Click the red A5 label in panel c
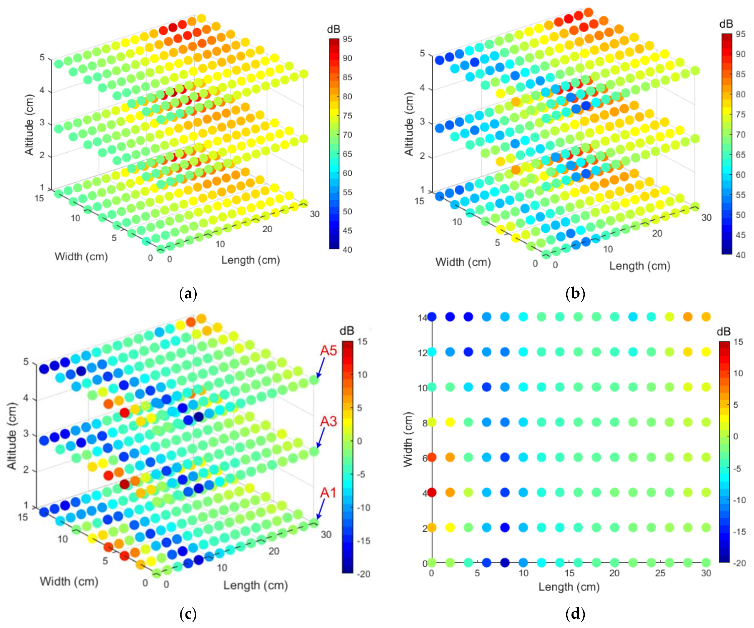(x=328, y=350)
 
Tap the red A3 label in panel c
(x=328, y=421)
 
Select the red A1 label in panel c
(x=328, y=492)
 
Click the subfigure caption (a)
(x=188, y=293)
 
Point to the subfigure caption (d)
(x=575, y=614)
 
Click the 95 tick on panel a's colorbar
(x=347, y=39)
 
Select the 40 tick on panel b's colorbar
(x=740, y=255)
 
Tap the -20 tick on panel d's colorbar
(x=739, y=563)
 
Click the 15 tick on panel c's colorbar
(x=362, y=341)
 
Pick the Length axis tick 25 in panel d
(x=660, y=573)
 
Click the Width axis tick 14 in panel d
(x=422, y=318)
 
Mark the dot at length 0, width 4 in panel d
(x=432, y=492)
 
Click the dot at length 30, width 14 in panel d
(x=706, y=317)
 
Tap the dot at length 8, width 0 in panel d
(x=505, y=563)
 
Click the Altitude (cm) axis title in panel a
(x=29, y=125)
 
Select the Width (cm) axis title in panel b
(x=463, y=263)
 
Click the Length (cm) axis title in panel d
(x=569, y=587)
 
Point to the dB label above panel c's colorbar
(x=347, y=331)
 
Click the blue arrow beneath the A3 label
(x=320, y=438)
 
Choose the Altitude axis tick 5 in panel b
(x=423, y=53)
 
